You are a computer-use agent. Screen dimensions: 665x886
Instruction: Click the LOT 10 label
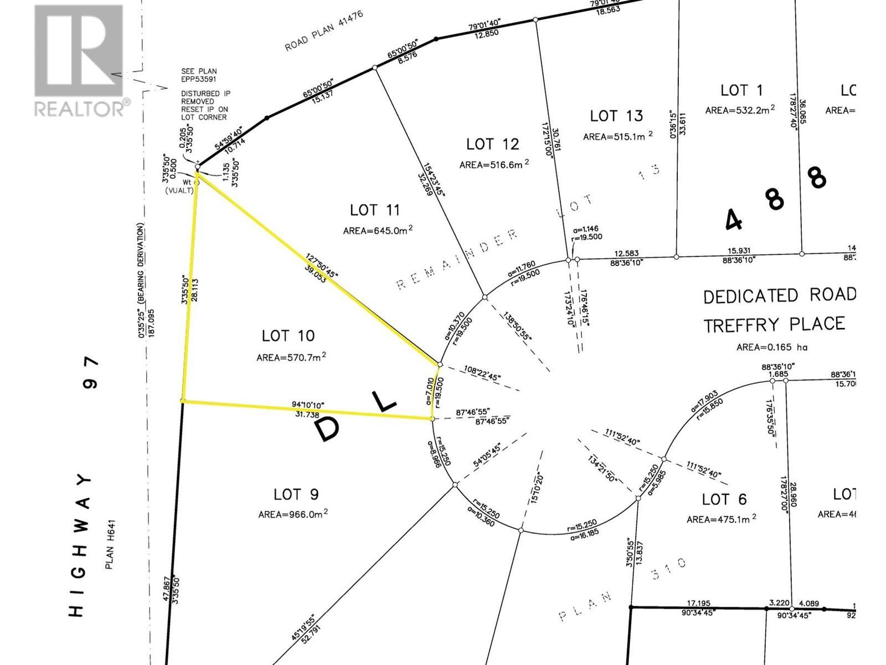tap(288, 336)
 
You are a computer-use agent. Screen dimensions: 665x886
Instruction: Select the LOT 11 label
tap(375, 211)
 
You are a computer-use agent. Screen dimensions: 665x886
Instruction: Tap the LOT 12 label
tap(493, 144)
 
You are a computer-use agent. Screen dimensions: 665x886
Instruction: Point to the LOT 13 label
tap(616, 116)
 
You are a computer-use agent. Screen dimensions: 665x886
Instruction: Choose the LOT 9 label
tap(296, 494)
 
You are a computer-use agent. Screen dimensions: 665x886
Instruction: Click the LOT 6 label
tap(724, 499)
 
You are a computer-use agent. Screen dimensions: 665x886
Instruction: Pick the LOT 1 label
tap(741, 90)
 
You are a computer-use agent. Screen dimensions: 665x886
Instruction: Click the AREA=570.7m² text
tap(291, 357)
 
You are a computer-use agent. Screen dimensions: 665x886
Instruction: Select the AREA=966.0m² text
tap(293, 515)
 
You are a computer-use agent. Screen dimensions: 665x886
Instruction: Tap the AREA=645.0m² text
tap(378, 230)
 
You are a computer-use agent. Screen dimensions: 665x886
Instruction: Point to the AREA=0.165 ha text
tap(772, 347)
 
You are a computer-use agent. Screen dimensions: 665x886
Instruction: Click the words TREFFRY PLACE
tap(774, 324)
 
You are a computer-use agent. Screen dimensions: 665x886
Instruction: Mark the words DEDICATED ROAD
tap(779, 296)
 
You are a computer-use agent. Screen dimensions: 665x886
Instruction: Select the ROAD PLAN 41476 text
tap(324, 30)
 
